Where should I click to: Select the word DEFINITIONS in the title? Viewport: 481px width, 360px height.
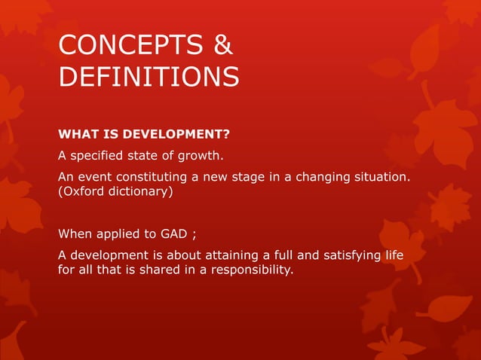tap(149, 76)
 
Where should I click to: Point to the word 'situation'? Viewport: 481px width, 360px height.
tap(388, 176)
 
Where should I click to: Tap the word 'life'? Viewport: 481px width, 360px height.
tap(392, 255)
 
